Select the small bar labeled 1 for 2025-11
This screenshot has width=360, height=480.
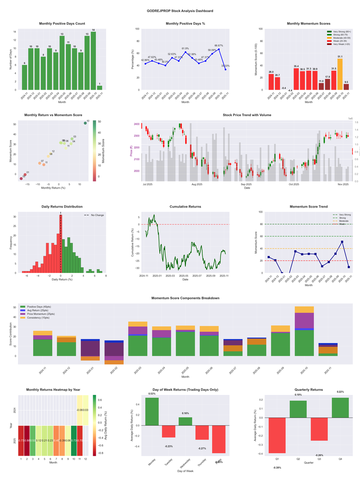[x=99, y=87]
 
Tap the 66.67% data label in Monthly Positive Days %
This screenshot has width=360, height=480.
[x=218, y=45]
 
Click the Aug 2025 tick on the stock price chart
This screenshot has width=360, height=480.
[x=197, y=184]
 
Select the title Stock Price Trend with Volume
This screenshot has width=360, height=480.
[x=247, y=115]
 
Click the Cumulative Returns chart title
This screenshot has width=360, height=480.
[x=185, y=207]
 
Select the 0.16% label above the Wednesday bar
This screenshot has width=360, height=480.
[x=185, y=413]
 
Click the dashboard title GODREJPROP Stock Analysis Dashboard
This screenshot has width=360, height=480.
[x=180, y=11]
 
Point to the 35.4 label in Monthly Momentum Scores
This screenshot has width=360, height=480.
[x=296, y=66]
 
